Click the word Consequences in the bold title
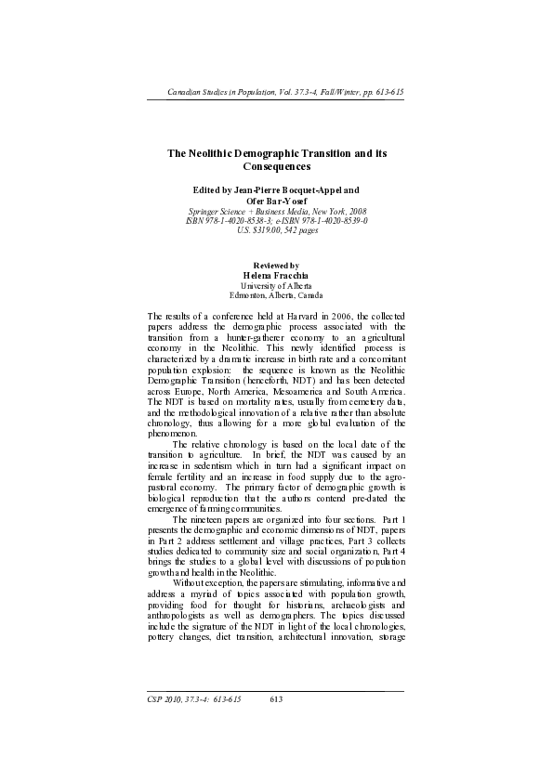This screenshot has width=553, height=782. click(x=276, y=167)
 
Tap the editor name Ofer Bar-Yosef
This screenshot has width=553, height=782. click(x=276, y=200)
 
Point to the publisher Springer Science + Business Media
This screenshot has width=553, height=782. click(x=244, y=211)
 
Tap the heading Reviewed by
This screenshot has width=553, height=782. click(x=276, y=267)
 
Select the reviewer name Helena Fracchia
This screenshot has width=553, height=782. click(x=276, y=276)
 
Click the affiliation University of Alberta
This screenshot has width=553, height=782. click(x=276, y=286)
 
